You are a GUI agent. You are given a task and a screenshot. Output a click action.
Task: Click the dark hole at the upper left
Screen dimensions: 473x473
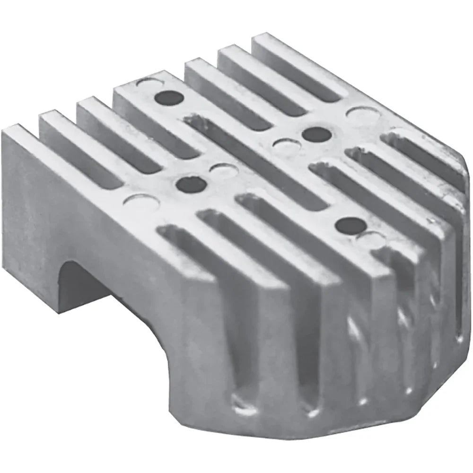169,98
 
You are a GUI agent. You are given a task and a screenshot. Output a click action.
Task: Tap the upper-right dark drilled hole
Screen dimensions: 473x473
316,134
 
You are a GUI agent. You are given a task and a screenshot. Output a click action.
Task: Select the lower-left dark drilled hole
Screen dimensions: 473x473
191,184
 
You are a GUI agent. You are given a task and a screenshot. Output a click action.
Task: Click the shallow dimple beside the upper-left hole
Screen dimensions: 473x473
147,84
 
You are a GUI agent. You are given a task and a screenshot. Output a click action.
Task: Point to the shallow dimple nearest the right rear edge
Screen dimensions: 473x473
358,113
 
